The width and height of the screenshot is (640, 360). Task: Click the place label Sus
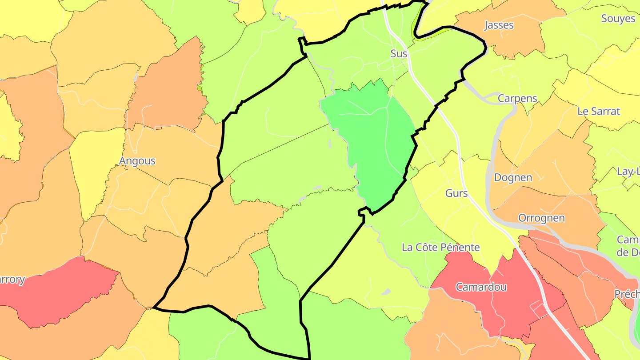399,54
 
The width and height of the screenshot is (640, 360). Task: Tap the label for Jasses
499,25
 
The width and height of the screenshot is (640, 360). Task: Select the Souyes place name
618,19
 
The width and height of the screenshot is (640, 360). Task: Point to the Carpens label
517,98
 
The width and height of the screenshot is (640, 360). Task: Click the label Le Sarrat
598,111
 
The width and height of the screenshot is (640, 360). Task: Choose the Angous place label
137,160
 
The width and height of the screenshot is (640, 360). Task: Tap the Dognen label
513,178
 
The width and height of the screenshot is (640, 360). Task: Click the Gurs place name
456,193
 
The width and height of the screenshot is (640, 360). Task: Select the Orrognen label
541,218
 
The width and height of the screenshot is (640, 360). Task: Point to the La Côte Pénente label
440,248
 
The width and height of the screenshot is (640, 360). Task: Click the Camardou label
481,287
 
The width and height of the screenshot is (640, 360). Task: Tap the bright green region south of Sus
373,142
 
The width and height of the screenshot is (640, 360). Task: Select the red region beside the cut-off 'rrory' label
62,293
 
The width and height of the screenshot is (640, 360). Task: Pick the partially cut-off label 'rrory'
12,280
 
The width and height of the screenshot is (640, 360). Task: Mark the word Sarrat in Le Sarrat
605,111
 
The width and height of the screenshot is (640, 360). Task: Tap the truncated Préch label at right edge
627,294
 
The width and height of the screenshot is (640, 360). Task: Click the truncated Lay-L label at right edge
628,171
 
